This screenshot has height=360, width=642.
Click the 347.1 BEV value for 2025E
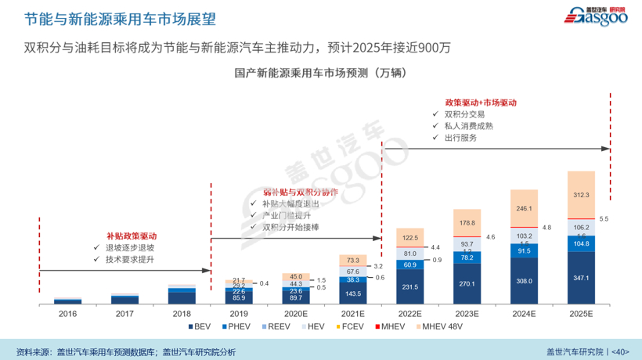(581, 278)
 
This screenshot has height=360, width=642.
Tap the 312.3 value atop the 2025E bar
(581, 195)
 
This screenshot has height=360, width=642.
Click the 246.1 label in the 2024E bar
(525, 209)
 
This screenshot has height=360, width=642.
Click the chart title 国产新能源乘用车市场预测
(320, 74)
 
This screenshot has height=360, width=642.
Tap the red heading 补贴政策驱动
(132, 236)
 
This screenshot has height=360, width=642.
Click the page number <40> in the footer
(619, 351)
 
